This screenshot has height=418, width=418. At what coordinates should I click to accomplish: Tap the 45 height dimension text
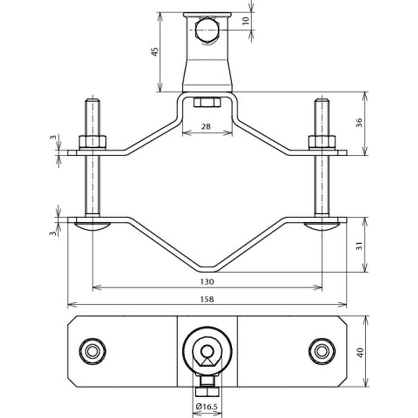coord(155,52)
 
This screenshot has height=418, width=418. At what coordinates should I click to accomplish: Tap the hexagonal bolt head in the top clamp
coord(206,30)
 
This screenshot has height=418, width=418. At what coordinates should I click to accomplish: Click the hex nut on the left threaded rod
coord(92,143)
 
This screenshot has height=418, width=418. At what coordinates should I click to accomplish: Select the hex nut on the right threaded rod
coord(322,143)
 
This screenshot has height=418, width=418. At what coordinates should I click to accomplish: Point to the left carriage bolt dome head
coord(92,227)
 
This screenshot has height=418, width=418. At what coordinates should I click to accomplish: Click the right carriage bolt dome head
coord(322,227)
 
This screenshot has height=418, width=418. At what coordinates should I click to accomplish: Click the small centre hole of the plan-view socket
coord(207,350)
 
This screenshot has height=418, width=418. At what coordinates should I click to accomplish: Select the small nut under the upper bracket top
coord(207,102)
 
